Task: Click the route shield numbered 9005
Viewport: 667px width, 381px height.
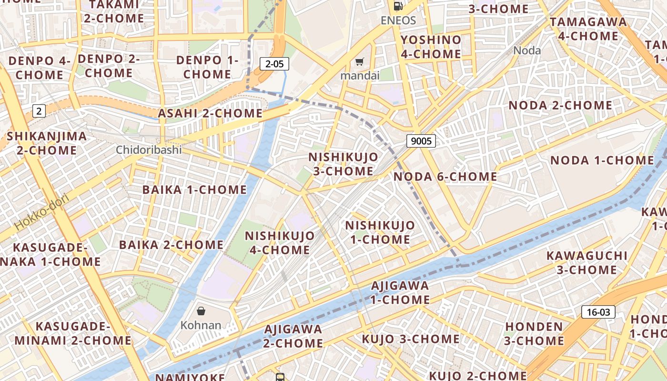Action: (x=421, y=140)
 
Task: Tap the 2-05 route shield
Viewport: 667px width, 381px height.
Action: (x=274, y=64)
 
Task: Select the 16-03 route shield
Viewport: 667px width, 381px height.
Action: (x=598, y=312)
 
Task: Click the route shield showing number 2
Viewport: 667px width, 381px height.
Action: (x=39, y=111)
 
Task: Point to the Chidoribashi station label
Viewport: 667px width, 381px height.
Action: (x=149, y=150)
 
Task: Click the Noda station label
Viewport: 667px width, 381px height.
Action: (x=527, y=50)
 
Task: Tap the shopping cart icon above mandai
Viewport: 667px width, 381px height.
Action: (x=360, y=61)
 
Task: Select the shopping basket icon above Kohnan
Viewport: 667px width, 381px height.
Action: (x=201, y=311)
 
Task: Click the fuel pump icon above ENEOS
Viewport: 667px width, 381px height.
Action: (x=398, y=6)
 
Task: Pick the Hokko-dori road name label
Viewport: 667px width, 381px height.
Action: (x=42, y=211)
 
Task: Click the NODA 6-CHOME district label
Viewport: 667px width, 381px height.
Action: (x=445, y=177)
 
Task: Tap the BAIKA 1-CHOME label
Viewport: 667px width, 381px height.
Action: (x=194, y=190)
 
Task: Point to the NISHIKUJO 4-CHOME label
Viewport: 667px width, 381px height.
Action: (x=280, y=242)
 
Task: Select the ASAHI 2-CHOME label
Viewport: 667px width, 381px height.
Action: (x=210, y=113)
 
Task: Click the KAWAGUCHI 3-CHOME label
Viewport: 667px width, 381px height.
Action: (x=587, y=262)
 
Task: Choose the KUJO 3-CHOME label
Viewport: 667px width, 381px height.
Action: (x=411, y=339)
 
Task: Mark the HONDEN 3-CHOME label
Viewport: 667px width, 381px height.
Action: (x=534, y=333)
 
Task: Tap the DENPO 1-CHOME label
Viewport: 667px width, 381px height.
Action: (x=207, y=67)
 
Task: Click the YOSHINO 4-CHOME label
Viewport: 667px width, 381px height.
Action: (x=431, y=47)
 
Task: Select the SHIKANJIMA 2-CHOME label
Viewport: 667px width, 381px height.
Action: (x=47, y=143)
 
